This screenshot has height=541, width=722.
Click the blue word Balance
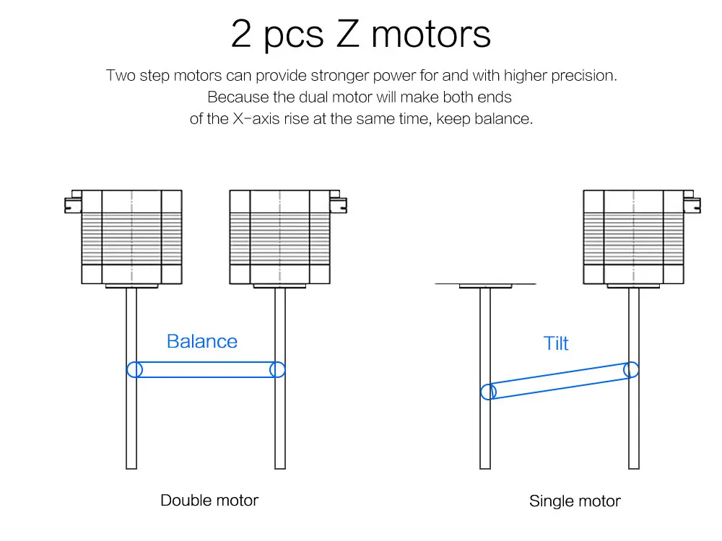[x=201, y=341]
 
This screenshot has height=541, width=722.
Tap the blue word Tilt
[x=556, y=343]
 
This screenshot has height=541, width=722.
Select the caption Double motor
[x=209, y=500]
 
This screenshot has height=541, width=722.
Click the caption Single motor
[x=575, y=501]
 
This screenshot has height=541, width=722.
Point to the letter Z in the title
[x=347, y=34]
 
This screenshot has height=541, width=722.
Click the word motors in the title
[x=431, y=34]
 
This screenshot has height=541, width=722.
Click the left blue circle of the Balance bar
[x=134, y=369]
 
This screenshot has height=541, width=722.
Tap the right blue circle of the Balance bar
[x=277, y=369]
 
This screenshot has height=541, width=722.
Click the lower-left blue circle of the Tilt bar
[x=489, y=392]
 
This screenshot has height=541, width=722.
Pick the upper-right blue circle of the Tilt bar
[x=631, y=369]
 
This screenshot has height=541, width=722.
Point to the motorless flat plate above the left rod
[x=485, y=285]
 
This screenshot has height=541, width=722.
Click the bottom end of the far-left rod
[x=131, y=465]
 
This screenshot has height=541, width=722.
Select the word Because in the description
[x=232, y=97]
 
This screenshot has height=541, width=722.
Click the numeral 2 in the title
[x=241, y=34]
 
